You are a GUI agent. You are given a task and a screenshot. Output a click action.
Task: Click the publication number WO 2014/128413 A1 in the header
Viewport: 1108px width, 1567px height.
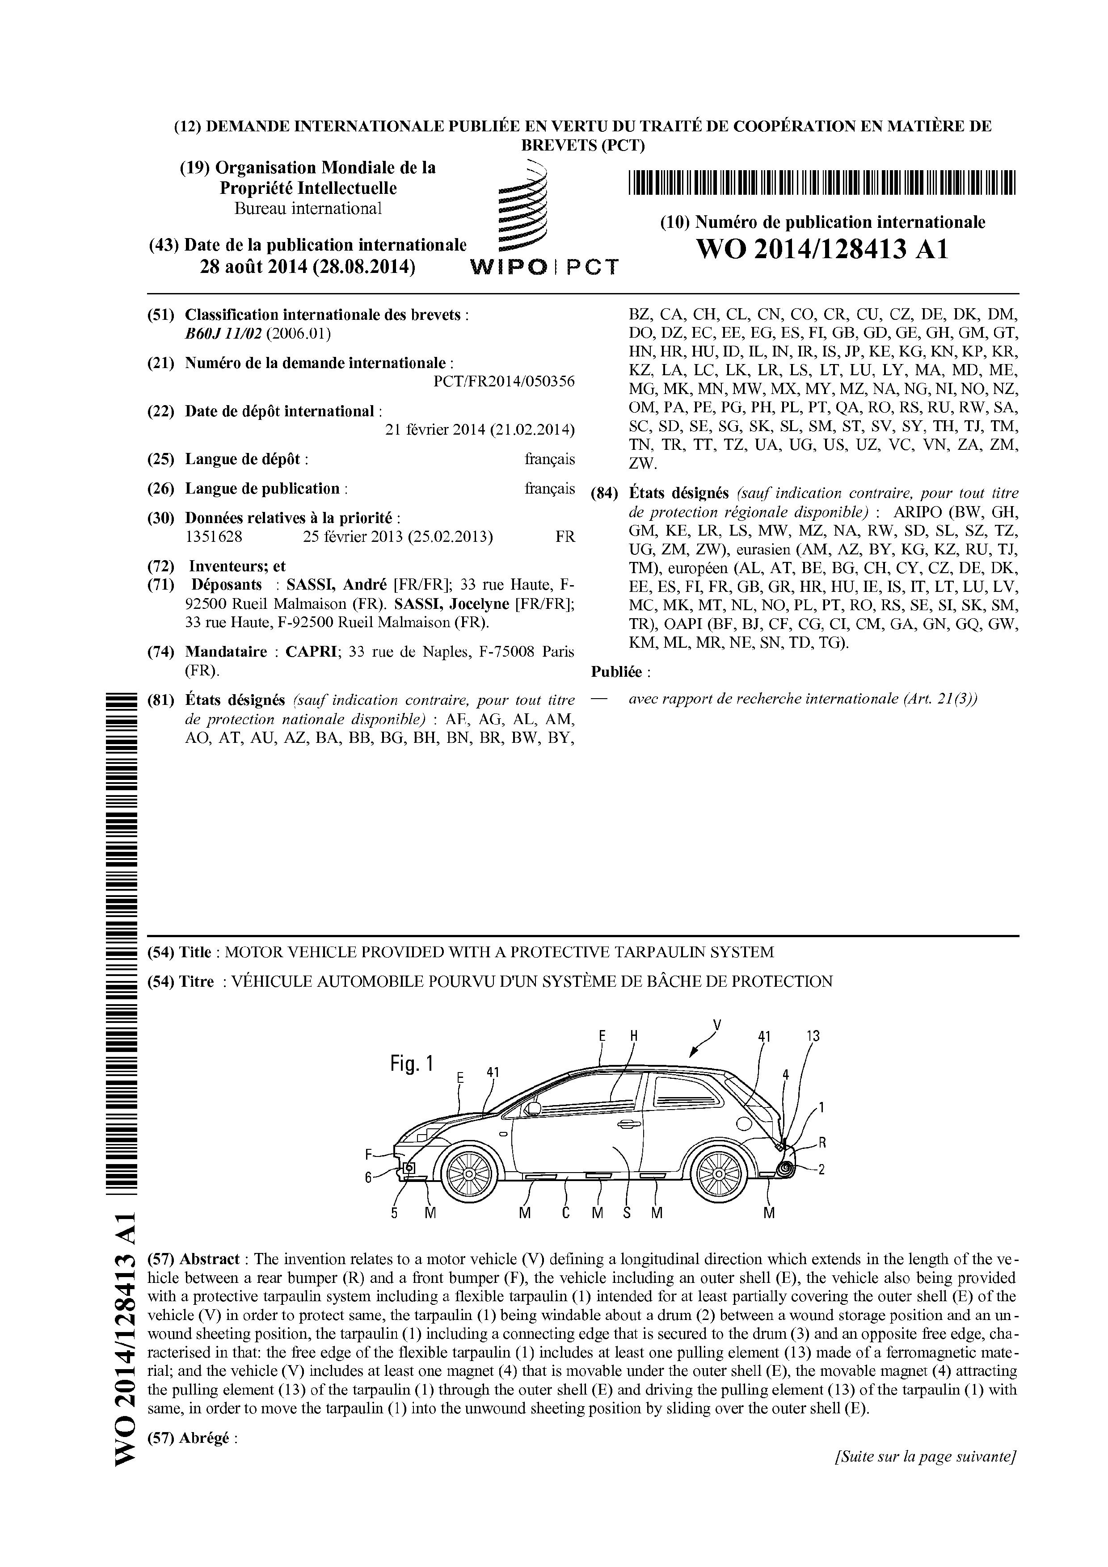(x=822, y=250)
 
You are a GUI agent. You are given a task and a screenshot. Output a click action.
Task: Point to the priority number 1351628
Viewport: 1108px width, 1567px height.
(x=214, y=536)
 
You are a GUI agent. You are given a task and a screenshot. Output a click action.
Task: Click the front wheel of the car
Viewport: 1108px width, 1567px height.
(x=469, y=1172)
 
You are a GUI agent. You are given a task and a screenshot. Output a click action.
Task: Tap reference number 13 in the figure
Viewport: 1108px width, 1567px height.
(x=813, y=1036)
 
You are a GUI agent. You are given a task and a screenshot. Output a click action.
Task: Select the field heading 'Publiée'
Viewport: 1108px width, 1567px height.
(x=616, y=672)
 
